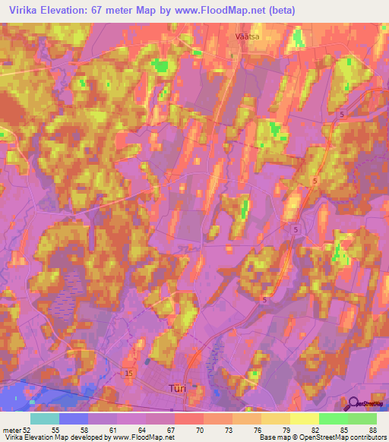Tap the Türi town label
click(176, 387)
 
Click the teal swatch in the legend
click(45, 418)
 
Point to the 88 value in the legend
click(372, 429)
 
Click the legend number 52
click(27, 429)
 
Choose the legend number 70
click(200, 429)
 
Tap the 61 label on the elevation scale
click(113, 429)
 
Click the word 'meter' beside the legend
click(11, 429)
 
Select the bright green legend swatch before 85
click(333, 418)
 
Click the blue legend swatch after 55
click(74, 418)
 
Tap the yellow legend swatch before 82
click(304, 418)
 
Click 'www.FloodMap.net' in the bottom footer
click(149, 437)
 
